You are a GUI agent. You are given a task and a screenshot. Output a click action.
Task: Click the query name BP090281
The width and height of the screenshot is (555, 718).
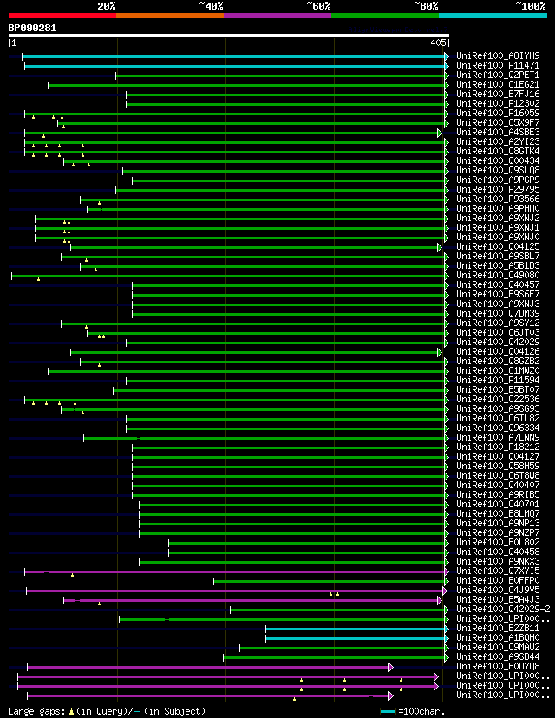(x=32, y=28)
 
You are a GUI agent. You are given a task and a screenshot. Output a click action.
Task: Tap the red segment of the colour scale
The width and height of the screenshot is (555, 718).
(x=62, y=15)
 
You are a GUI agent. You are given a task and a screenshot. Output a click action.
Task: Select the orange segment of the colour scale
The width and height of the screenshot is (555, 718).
(x=169, y=15)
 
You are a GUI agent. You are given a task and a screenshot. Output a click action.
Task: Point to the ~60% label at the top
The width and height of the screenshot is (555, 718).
(x=318, y=5)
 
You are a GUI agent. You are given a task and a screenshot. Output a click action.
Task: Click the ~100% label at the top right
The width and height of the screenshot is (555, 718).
(x=530, y=5)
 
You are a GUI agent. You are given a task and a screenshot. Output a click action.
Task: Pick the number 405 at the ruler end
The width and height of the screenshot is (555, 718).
(x=438, y=42)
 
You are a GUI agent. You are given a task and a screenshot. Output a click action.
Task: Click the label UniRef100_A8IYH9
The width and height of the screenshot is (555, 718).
(x=497, y=55)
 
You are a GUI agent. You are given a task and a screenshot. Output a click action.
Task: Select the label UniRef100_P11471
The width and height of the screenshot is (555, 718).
(x=497, y=65)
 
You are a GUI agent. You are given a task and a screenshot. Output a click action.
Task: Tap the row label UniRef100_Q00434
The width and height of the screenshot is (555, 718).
(x=497, y=160)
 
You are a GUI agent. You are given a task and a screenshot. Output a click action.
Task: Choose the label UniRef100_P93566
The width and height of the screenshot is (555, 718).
(x=497, y=199)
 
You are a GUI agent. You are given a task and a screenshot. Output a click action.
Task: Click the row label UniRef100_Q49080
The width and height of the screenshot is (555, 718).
(x=497, y=275)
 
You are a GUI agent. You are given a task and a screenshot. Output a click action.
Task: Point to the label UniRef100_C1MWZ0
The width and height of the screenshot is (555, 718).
(x=497, y=370)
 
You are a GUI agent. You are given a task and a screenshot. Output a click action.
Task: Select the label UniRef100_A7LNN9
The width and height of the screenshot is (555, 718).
(x=497, y=437)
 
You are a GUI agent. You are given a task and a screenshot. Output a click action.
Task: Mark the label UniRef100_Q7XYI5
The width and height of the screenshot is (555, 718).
(x=497, y=571)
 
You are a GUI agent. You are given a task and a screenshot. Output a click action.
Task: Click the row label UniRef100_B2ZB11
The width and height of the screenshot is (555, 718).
(x=497, y=628)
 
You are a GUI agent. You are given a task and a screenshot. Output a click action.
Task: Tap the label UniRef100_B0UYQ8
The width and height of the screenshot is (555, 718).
(x=497, y=666)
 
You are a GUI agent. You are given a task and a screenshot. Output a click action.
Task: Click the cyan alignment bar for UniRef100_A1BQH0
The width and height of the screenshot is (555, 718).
(x=356, y=637)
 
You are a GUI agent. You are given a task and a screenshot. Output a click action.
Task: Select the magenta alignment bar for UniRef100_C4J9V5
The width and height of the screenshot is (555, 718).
(x=234, y=590)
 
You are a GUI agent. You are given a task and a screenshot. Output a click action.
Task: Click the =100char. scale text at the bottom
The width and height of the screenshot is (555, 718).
(x=421, y=711)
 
